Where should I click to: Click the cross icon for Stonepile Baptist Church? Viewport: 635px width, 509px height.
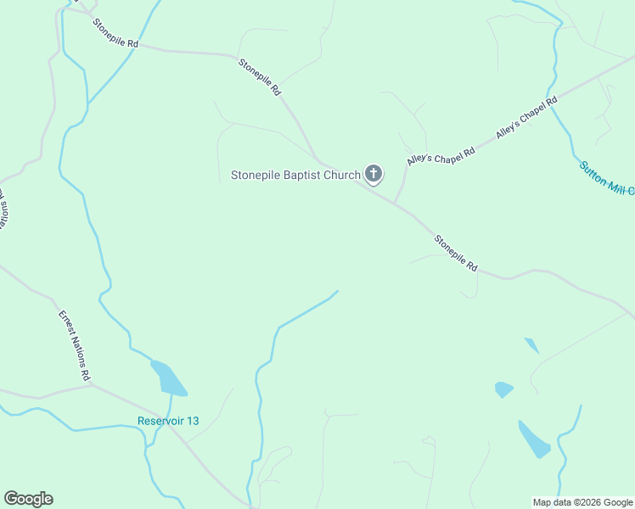(373, 175)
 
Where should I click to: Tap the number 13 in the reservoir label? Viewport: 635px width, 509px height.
(192, 422)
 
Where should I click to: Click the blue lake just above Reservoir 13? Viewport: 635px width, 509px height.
(169, 378)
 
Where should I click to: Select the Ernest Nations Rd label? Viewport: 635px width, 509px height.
(74, 344)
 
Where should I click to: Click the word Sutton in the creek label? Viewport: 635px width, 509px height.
(593, 173)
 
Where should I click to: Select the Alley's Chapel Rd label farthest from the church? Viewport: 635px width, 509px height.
(526, 117)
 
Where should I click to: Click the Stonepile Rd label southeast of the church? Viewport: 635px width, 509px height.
(456, 253)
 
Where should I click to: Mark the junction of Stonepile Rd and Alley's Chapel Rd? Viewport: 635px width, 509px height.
(396, 202)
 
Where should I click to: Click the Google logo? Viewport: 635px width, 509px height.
(28, 499)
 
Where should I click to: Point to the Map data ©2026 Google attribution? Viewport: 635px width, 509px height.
(582, 502)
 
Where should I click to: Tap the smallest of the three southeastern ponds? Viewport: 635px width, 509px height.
(531, 344)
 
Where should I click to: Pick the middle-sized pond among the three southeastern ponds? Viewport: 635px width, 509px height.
(503, 389)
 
